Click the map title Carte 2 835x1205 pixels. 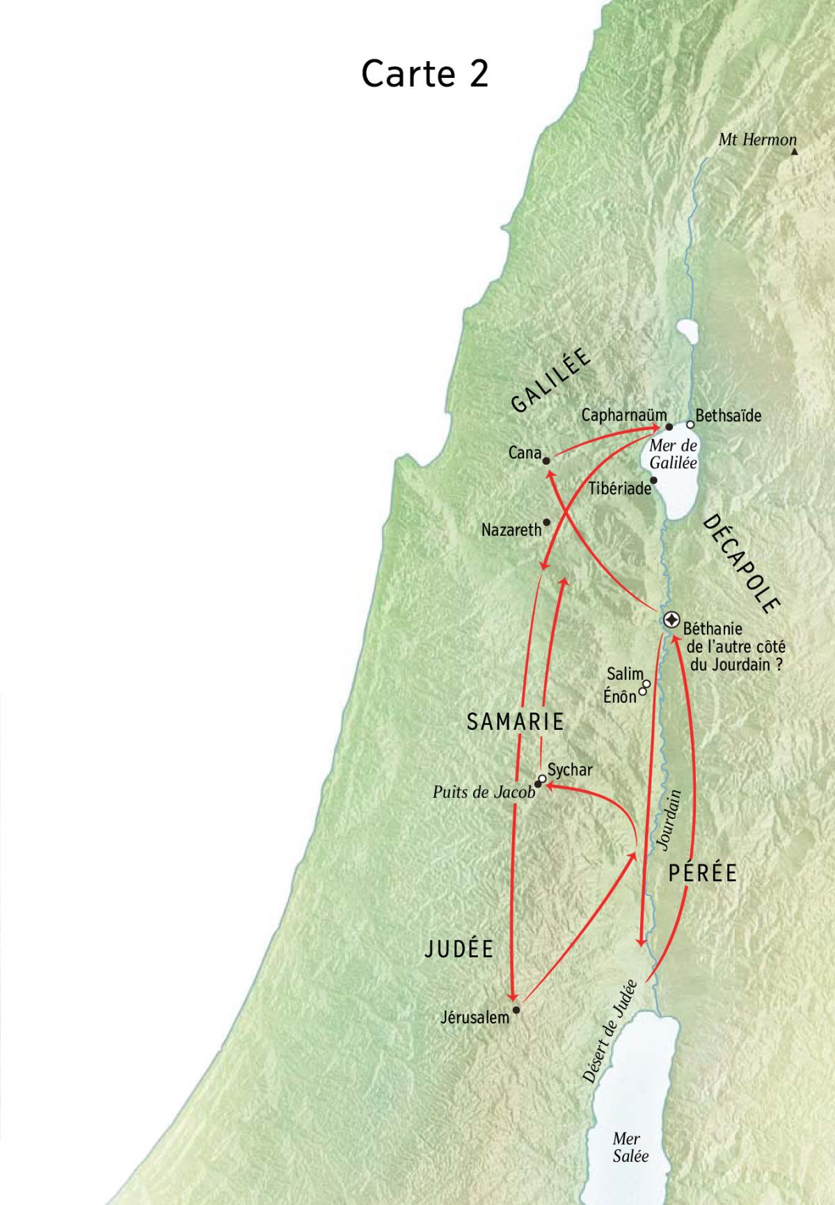[x=424, y=73]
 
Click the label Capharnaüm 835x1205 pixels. [x=623, y=415]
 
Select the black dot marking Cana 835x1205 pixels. [x=547, y=461]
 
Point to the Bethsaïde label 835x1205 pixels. [x=728, y=416]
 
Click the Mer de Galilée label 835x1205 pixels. [x=673, y=454]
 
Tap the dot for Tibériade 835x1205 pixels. [x=653, y=480]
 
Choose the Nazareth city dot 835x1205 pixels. [x=547, y=522]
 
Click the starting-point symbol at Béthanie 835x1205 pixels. [x=672, y=620]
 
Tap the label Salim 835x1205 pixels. [x=624, y=673]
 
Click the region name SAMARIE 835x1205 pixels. [x=515, y=721]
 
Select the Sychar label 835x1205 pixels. [x=571, y=769]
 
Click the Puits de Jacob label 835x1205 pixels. [x=484, y=792]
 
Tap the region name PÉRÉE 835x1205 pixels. [x=702, y=873]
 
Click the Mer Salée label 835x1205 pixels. [x=630, y=1147]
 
